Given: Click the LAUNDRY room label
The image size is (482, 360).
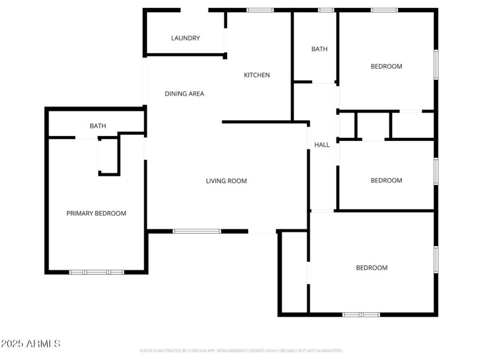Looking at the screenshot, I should [x=186, y=38].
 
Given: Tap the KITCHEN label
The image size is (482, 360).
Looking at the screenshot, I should [x=257, y=75].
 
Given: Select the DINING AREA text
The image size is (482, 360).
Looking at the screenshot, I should [x=184, y=93].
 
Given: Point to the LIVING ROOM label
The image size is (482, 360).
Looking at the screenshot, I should [x=226, y=181].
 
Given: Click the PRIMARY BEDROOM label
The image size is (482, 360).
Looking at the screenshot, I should [x=96, y=213].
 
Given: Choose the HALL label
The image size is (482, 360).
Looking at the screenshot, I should [x=322, y=144].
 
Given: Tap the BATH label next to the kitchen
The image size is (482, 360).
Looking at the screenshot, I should [x=319, y=49].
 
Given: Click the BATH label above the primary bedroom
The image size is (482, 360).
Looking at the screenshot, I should [x=98, y=126].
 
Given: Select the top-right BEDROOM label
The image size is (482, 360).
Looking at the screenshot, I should [x=386, y=66].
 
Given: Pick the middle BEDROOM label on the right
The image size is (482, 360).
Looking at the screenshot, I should [x=386, y=181].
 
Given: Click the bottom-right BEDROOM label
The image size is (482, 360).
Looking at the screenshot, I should [x=372, y=268].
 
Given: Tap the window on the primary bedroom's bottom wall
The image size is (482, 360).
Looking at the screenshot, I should [x=96, y=272].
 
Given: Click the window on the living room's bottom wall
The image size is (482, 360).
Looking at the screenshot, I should [x=197, y=231].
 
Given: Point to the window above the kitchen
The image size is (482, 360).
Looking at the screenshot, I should [x=260, y=10].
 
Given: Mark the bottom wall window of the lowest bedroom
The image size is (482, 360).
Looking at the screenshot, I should [x=361, y=314].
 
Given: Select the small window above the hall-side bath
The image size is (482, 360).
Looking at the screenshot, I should [x=326, y=10].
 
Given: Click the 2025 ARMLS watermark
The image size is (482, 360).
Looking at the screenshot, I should [x=31, y=344].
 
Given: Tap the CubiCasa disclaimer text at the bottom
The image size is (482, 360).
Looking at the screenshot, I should [x=241, y=350].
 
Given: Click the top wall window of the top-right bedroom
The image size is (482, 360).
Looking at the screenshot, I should [x=384, y=10].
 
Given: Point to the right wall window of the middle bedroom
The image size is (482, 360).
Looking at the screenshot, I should [x=436, y=170].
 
